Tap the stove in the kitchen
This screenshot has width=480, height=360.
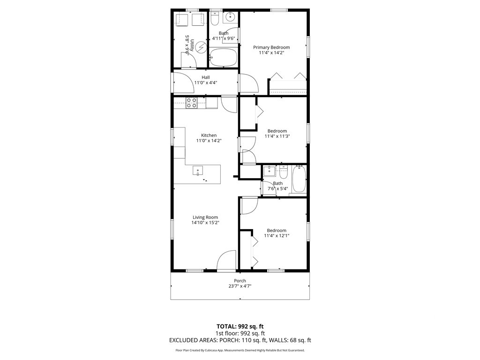191,103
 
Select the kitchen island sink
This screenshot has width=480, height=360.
198,171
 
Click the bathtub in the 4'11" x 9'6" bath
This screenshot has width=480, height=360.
223,60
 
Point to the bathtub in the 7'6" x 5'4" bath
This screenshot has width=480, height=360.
299,180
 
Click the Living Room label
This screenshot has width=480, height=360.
205,217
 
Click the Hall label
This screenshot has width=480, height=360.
206,77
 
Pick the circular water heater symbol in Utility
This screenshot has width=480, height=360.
201,47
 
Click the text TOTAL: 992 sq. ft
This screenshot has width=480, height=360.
240,326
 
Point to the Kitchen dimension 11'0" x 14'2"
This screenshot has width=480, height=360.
209,140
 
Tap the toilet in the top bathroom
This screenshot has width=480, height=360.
215,18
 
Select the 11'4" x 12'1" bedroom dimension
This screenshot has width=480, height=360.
277,236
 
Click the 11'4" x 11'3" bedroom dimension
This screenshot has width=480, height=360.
277,136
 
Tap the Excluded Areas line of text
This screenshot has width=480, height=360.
240,341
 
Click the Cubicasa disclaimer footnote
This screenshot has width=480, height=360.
240,350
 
